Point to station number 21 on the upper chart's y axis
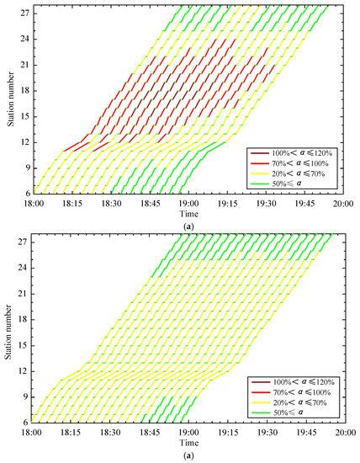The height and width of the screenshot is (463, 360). [24, 64]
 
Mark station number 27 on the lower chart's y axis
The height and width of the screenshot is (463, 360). [24, 243]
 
